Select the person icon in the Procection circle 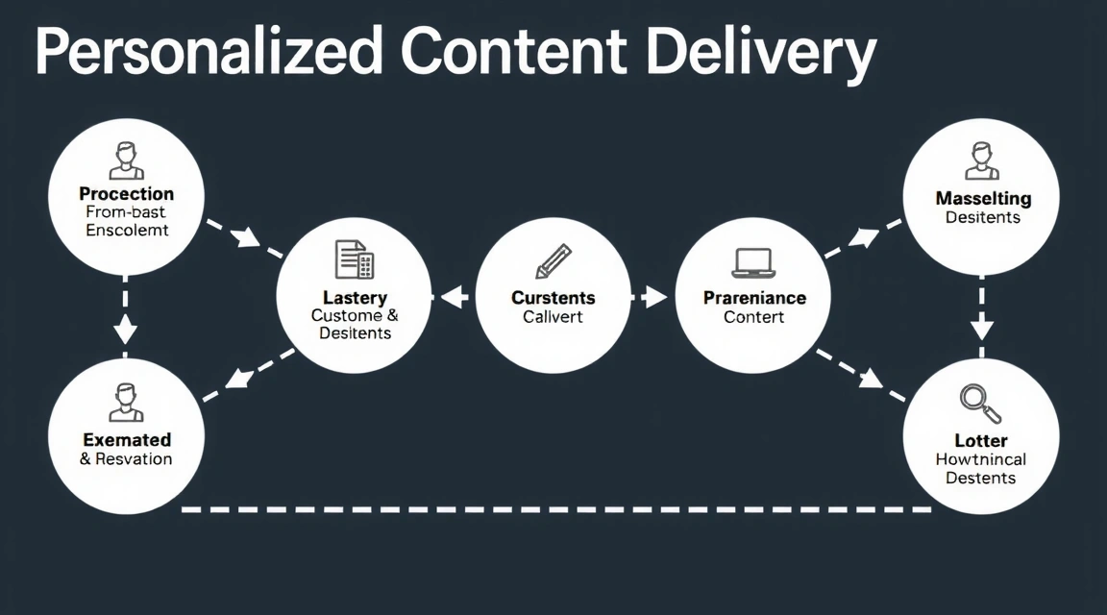click(126, 160)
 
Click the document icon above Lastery click(354, 260)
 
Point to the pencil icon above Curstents click(553, 260)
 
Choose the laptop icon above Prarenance click(753, 262)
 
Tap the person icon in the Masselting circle click(980, 160)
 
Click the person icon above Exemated click(126, 402)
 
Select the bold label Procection click(126, 194)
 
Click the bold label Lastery click(355, 298)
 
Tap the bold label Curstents click(553, 298)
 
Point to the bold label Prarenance click(754, 298)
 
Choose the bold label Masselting click(983, 199)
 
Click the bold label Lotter click(981, 441)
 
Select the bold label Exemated click(127, 440)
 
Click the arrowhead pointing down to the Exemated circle click(125, 332)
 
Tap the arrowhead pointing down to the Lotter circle click(981, 331)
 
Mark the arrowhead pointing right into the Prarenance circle click(655, 297)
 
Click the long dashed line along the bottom click(557, 508)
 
